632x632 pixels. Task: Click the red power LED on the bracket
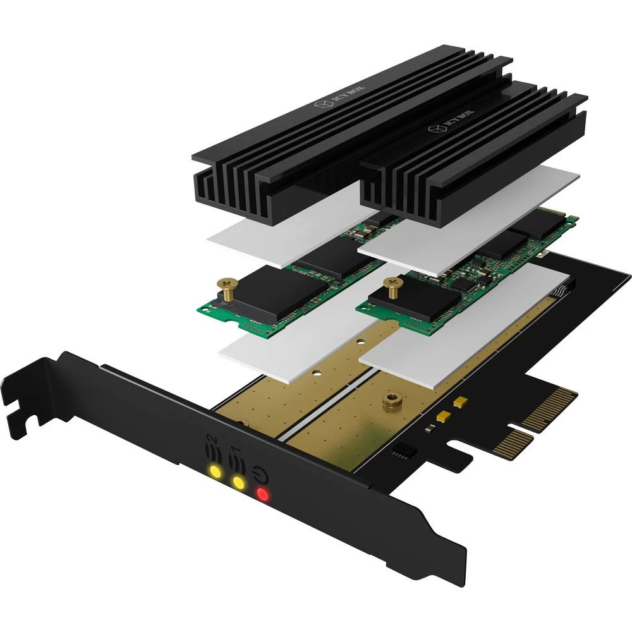point(262,495)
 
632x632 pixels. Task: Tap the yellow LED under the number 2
point(216,471)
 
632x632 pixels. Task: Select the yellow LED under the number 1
point(238,483)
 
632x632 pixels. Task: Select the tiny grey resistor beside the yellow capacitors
point(430,428)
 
